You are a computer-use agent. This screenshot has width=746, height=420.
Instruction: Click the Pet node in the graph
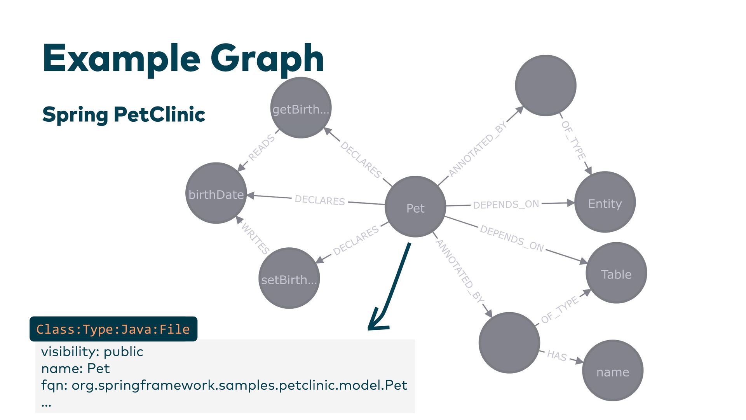tap(415, 207)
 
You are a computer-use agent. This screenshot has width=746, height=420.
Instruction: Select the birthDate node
tap(216, 193)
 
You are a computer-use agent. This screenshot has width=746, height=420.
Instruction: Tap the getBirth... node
tap(301, 108)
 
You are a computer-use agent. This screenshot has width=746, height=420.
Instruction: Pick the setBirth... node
tap(289, 278)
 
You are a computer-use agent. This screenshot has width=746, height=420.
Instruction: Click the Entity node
tap(605, 202)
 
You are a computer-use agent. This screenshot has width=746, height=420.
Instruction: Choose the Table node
tap(616, 273)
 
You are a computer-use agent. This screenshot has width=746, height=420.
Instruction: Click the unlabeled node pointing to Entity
tap(546, 86)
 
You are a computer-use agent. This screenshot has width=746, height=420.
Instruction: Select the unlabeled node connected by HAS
tap(509, 343)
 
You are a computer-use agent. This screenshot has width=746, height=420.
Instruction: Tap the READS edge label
tap(261, 147)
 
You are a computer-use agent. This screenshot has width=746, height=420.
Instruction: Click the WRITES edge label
tap(255, 238)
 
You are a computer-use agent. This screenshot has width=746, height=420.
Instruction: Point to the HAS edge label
tap(557, 355)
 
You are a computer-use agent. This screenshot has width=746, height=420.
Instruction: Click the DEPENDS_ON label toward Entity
tap(506, 204)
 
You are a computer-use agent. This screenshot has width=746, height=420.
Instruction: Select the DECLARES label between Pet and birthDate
tap(320, 200)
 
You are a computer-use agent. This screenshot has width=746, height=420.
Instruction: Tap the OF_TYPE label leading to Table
tap(559, 310)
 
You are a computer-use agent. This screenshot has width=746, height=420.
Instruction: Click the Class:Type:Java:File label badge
tap(113, 329)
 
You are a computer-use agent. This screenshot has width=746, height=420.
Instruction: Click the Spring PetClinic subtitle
tap(124, 114)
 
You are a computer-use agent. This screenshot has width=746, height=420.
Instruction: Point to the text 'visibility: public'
tap(92, 352)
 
